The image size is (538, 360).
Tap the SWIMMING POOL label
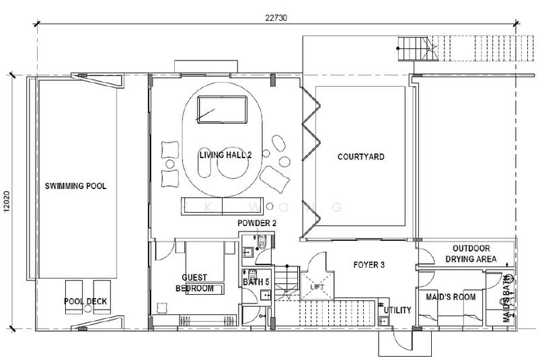point(76,186)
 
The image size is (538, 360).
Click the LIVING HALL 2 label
point(225,155)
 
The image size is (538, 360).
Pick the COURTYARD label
point(360,157)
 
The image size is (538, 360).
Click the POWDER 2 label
point(257,223)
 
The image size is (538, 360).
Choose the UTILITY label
point(397,310)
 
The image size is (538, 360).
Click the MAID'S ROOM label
point(451,297)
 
